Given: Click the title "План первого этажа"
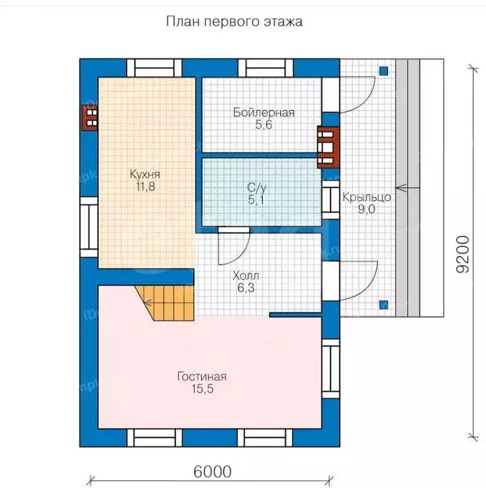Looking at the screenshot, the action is (x=234, y=22).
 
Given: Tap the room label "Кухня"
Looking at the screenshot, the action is (x=145, y=174).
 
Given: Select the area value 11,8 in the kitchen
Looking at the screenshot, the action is (x=145, y=186).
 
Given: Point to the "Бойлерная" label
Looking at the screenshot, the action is (x=264, y=112).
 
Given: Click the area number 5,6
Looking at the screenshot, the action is (x=264, y=125).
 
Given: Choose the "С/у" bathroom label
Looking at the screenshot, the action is (x=257, y=187).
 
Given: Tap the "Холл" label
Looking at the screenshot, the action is (x=246, y=275).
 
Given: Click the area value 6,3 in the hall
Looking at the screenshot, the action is (x=246, y=288).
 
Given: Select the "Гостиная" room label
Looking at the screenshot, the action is (x=202, y=377).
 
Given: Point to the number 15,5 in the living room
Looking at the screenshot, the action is (x=203, y=389).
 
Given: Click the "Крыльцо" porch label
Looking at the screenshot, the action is (x=367, y=197).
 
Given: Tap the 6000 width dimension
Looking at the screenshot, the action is (x=213, y=471).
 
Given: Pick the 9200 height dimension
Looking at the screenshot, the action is (x=462, y=254).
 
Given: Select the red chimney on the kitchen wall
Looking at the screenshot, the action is (x=90, y=118).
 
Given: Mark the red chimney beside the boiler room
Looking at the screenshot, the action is (x=328, y=147).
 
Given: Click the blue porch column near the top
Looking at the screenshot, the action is (x=384, y=71).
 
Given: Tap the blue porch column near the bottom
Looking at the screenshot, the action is (x=384, y=305).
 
